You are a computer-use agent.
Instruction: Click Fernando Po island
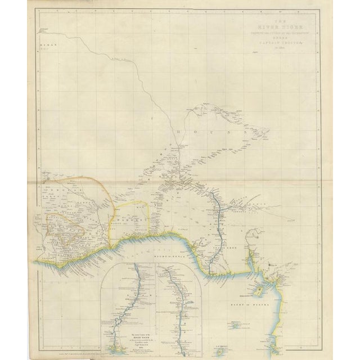[x=259, y=291]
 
